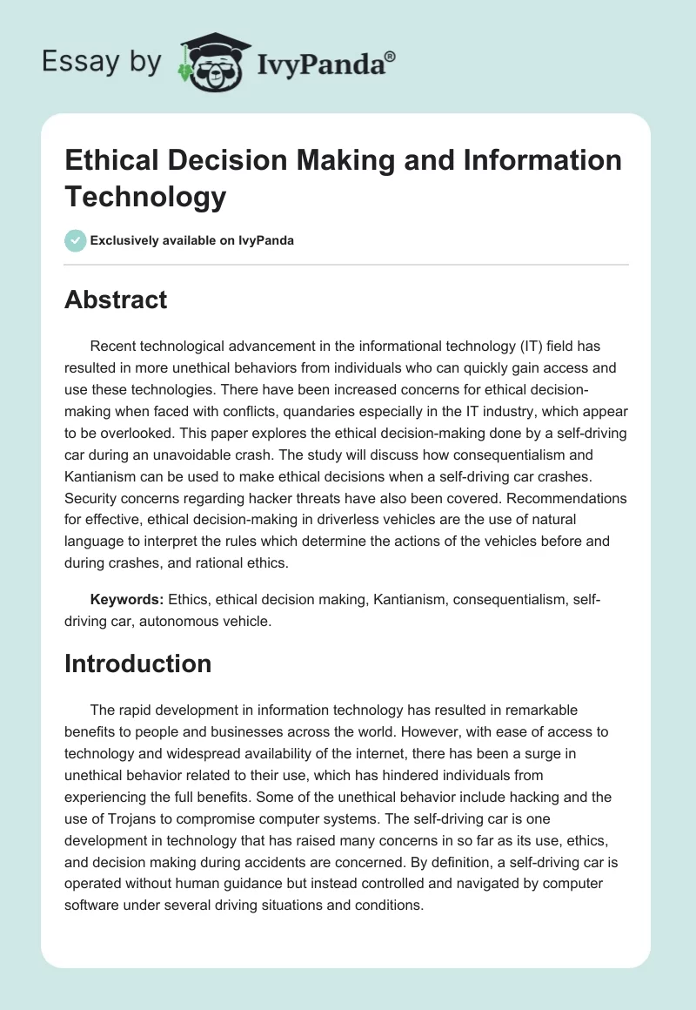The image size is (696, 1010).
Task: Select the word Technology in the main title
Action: click(x=145, y=197)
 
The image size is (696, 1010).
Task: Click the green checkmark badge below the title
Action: click(x=75, y=240)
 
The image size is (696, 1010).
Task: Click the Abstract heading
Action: click(x=116, y=300)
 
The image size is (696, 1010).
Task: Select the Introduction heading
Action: click(x=138, y=663)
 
